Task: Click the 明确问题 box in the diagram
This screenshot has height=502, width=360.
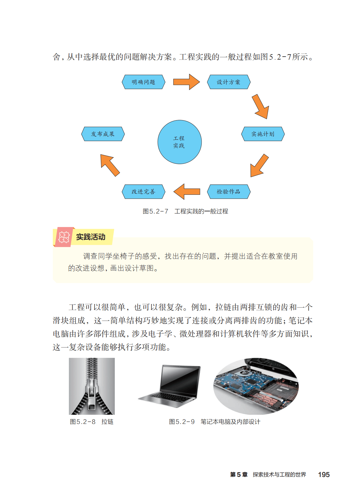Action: [x=143, y=82]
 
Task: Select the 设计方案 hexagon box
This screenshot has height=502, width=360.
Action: [x=229, y=82]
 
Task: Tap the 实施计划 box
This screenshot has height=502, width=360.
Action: [x=263, y=134]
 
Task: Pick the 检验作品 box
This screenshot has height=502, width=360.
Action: [x=229, y=191]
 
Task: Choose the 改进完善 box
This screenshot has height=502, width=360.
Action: [x=143, y=191]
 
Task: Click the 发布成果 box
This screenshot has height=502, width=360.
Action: [x=103, y=134]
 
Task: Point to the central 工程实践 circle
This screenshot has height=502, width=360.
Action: [x=179, y=142]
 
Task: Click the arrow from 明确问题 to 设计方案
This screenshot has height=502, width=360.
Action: [x=186, y=82]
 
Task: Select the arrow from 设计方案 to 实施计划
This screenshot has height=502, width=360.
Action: [x=261, y=107]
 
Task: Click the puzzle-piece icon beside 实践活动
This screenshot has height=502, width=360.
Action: [x=64, y=237]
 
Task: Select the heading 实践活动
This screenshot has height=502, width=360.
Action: [x=90, y=237]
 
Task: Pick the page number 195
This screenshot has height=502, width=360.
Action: [x=323, y=475]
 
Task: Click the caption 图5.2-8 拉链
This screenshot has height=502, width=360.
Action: [x=91, y=422]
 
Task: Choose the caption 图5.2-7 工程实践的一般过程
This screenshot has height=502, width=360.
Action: [x=185, y=211]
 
